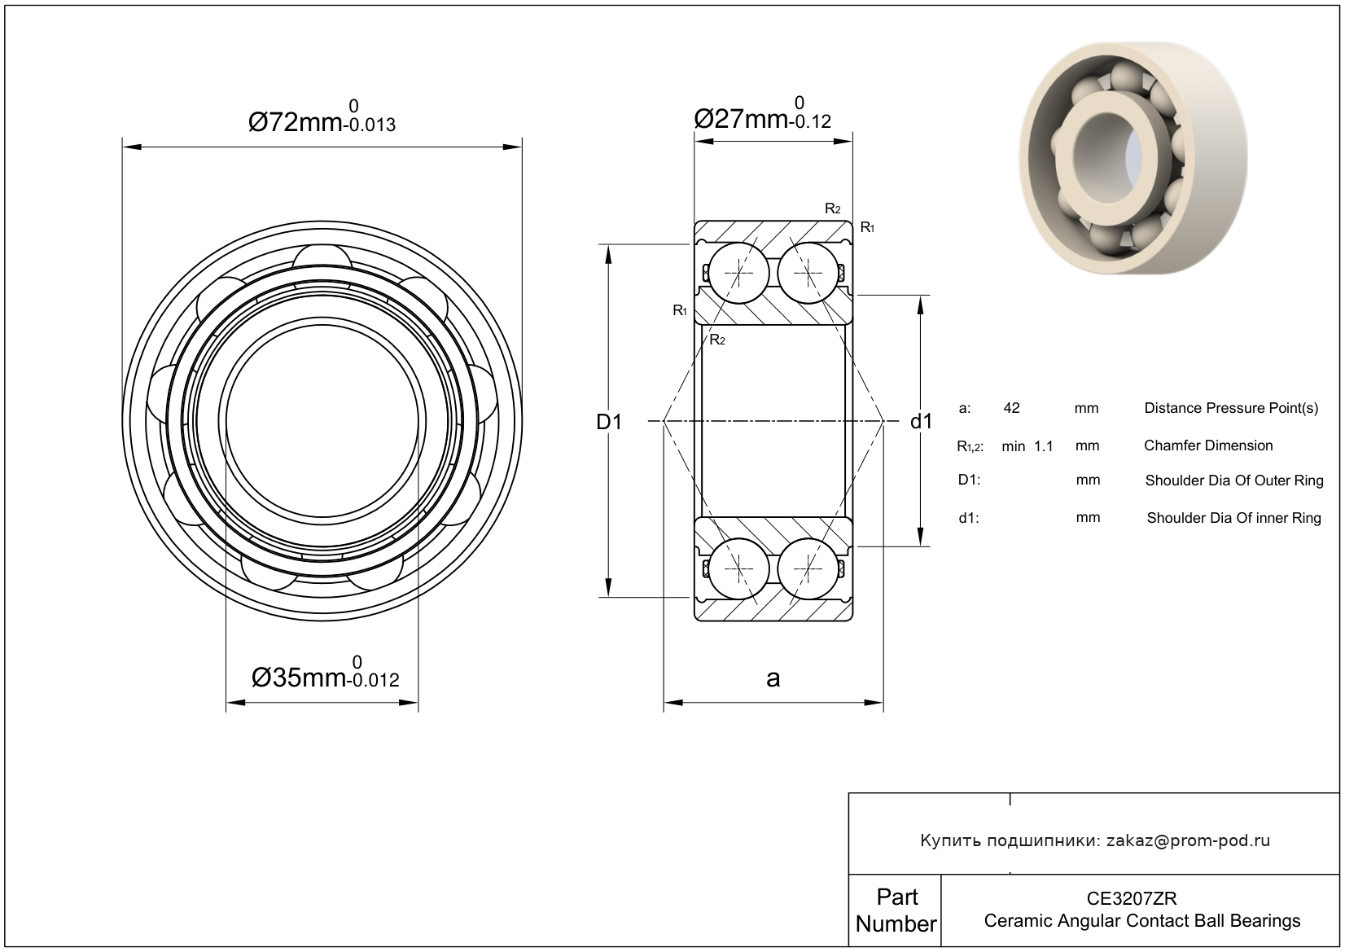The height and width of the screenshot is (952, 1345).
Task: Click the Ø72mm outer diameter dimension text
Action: click(x=322, y=117)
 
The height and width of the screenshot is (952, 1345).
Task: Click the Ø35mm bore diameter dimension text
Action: click(x=325, y=673)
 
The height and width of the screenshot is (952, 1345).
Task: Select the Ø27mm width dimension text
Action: click(x=763, y=113)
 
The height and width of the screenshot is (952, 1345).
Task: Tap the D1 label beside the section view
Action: click(x=609, y=422)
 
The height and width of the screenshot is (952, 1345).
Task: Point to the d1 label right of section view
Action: click(x=921, y=422)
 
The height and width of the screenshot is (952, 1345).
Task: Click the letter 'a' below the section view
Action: click(x=773, y=678)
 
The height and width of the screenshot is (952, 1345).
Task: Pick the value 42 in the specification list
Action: click(x=1011, y=408)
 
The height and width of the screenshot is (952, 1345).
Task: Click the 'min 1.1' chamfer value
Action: click(x=1027, y=446)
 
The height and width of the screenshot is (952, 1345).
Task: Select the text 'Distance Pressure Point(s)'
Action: click(x=1231, y=409)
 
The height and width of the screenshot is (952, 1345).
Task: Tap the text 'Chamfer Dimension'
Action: click(x=1208, y=445)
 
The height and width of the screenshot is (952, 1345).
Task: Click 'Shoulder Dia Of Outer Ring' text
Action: click(x=1234, y=480)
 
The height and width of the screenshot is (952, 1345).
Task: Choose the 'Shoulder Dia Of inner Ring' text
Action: click(x=1234, y=518)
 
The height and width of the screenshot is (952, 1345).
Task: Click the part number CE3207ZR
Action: click(x=1132, y=898)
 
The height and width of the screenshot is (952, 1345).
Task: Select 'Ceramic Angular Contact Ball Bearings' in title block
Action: click(x=1142, y=921)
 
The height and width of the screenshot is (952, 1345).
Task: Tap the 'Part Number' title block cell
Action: click(x=896, y=910)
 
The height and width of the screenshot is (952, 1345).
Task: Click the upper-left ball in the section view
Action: click(x=738, y=274)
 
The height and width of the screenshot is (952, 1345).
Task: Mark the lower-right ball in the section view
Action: click(x=808, y=568)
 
